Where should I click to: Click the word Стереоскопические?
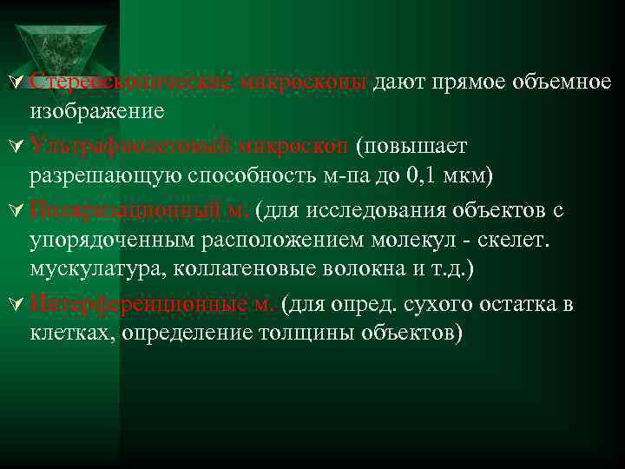[113, 82]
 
